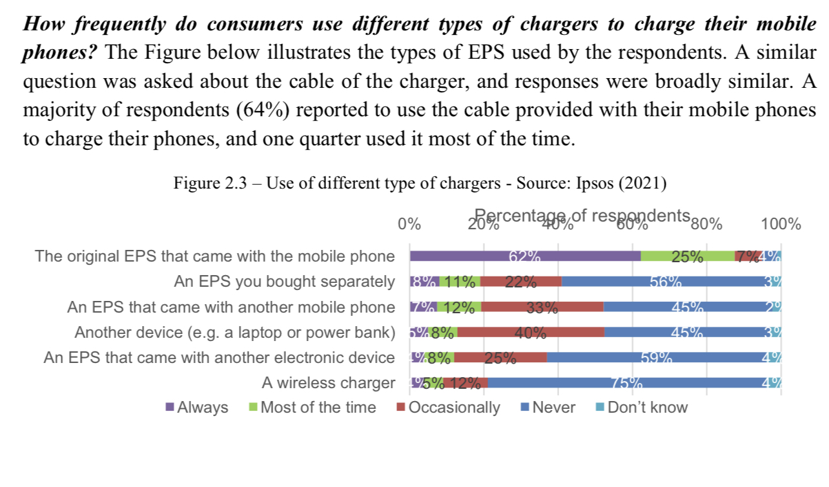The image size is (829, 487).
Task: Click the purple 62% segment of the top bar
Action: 525,256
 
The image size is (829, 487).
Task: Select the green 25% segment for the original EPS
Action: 688,256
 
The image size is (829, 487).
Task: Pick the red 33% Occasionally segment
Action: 542,307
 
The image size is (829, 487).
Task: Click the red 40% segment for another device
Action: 531,332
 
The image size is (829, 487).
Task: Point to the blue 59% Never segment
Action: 656,357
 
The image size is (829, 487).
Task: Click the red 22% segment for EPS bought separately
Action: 520,281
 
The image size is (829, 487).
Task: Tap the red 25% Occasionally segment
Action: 500,357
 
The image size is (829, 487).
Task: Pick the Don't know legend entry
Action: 640,408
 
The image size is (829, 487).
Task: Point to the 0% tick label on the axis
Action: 409,225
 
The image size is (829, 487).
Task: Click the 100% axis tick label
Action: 781,225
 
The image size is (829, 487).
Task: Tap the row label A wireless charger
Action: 328,382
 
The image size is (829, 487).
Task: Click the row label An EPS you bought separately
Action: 284,282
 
